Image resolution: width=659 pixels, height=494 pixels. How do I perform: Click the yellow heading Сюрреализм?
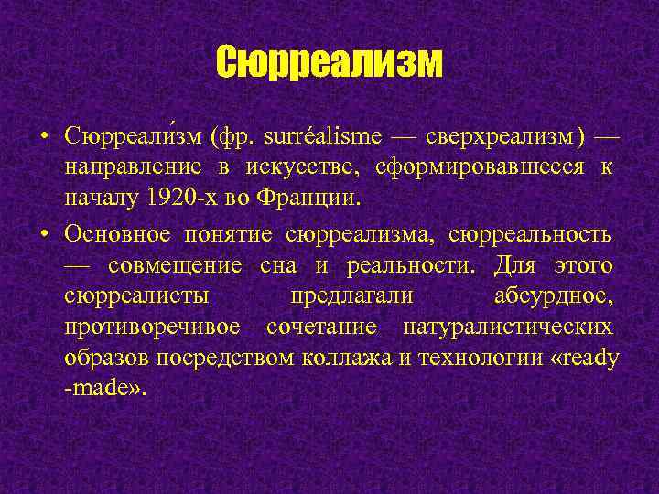point(329,63)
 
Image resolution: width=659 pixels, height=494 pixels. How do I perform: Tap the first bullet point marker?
point(44,138)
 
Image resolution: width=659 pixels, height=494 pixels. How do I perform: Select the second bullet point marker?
point(44,233)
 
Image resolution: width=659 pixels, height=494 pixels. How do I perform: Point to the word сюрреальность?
point(530,233)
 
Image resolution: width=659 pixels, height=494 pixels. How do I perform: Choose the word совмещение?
point(175,264)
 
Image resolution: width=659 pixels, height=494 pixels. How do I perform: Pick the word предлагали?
point(351,296)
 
